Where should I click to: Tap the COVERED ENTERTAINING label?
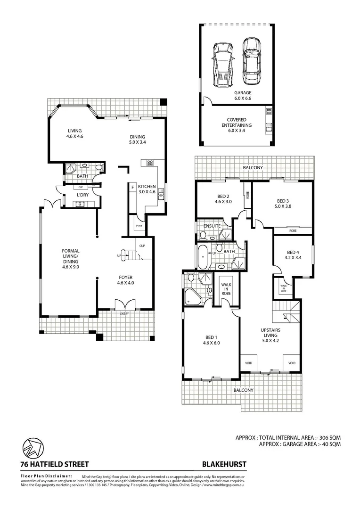pyautogui.click(x=237, y=122)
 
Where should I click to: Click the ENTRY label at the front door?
pyautogui.click(x=124, y=313)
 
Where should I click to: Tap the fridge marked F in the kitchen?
pyautogui.click(x=133, y=187)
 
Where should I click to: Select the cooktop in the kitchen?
pyautogui.click(x=150, y=163)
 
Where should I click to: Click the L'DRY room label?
pyautogui.click(x=83, y=195)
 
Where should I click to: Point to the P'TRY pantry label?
pyautogui.click(x=139, y=226)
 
